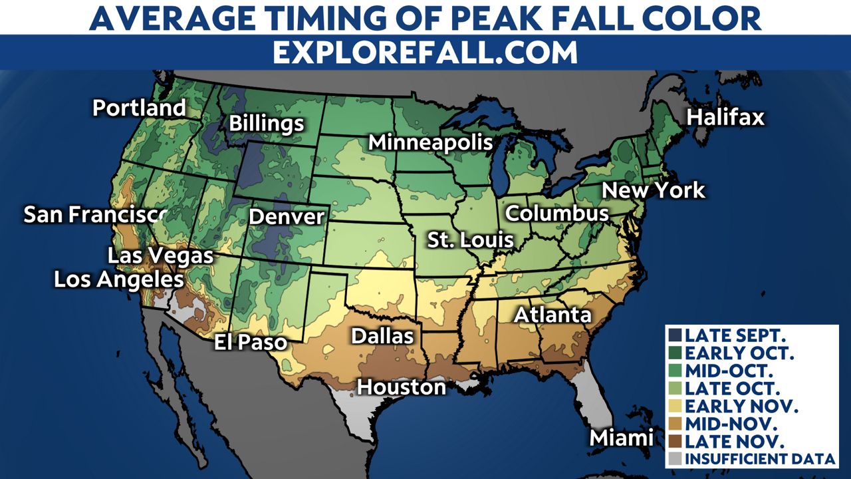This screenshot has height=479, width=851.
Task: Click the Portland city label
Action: point(139,108)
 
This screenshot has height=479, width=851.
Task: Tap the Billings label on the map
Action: point(266,124)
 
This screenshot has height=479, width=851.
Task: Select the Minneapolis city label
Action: point(430,142)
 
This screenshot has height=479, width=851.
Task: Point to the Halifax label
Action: point(725,118)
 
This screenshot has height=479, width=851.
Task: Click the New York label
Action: point(653,190)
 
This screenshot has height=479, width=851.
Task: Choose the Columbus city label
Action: point(557,214)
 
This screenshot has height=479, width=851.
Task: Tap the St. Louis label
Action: point(470,240)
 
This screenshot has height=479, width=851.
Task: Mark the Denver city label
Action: point(286,217)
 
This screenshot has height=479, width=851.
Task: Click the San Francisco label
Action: point(94,214)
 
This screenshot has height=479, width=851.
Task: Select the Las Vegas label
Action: point(160,255)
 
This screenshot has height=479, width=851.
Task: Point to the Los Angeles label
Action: point(118,279)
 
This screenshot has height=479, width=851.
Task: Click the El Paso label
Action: point(250,343)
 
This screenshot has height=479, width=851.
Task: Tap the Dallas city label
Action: point(382,336)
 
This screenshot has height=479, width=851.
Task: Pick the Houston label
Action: point(401,387)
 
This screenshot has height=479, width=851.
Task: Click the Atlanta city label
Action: point(552,315)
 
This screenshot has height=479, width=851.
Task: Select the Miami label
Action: point(622,438)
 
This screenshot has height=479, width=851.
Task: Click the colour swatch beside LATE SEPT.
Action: point(676,334)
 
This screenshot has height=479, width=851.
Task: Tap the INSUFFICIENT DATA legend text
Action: point(759,458)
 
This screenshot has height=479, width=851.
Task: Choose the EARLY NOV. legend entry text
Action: point(741,405)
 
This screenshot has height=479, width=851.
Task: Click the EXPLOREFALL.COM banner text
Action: point(425,53)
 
